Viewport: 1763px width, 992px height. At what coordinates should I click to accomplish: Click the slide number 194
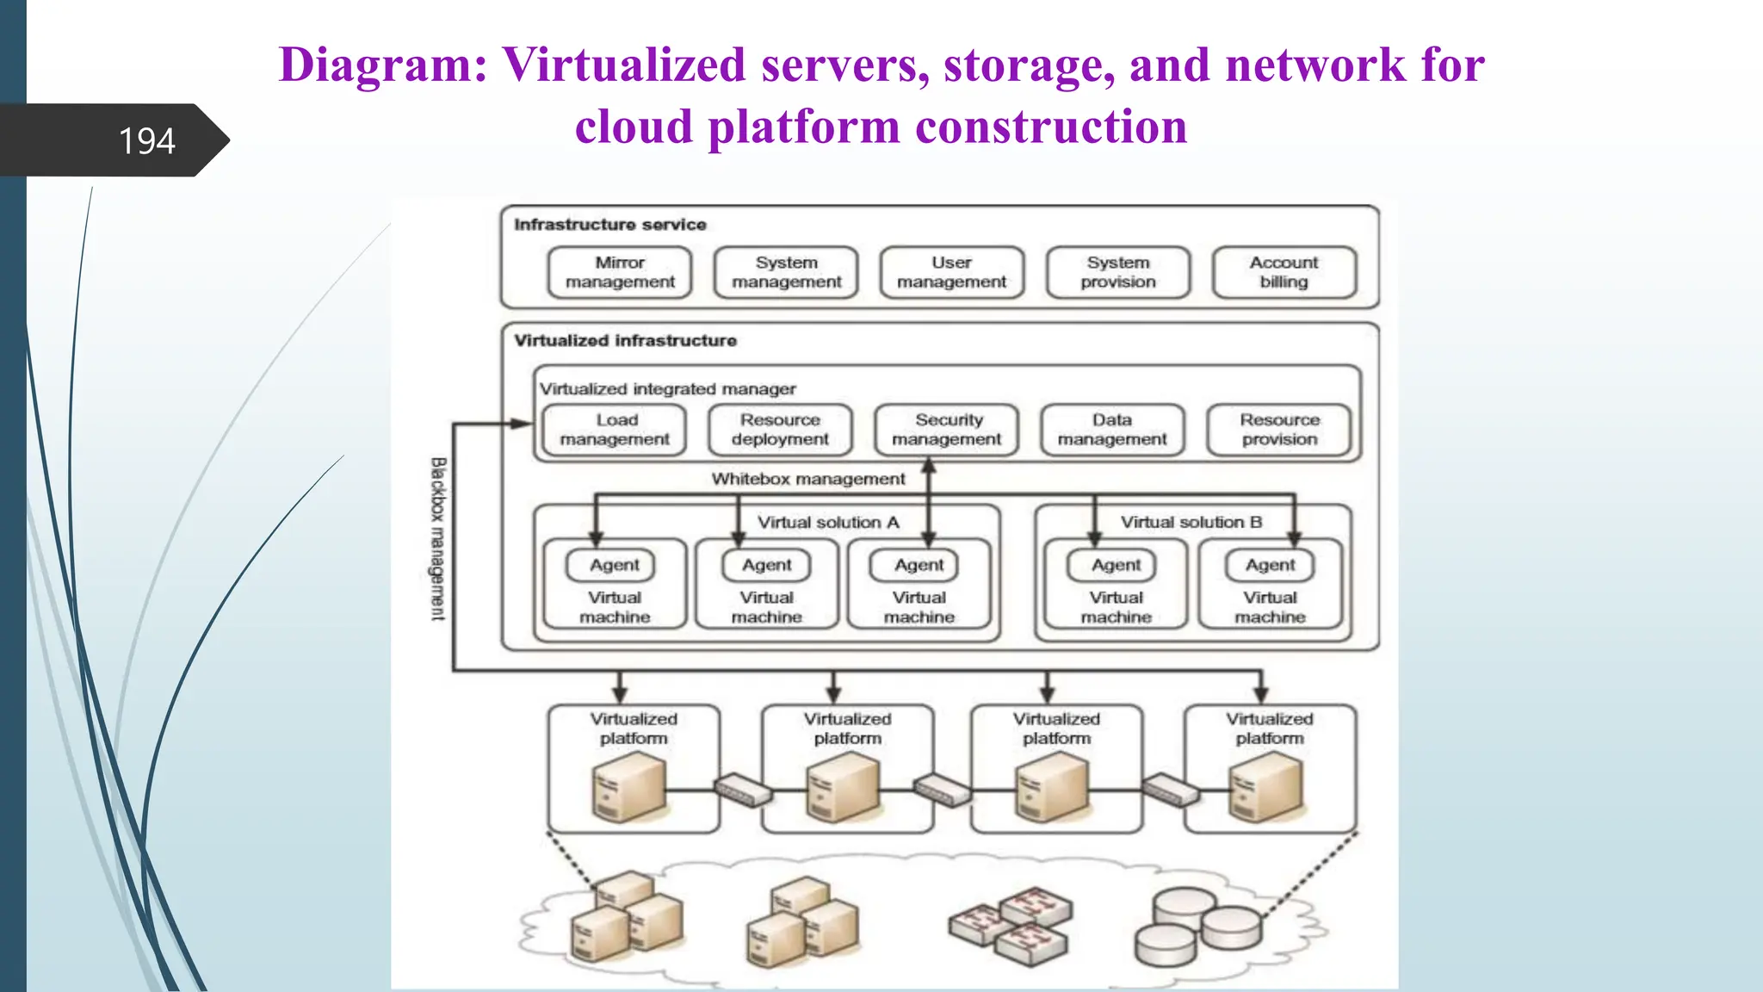(146, 141)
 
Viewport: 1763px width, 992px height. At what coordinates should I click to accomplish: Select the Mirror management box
(620, 272)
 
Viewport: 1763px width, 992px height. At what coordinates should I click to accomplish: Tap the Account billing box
(1284, 272)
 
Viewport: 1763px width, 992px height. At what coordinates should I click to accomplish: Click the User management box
(951, 272)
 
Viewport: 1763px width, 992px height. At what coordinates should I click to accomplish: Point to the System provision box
(1117, 272)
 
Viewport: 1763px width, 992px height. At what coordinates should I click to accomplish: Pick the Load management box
(615, 430)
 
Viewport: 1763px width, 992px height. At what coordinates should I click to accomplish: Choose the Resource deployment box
(780, 430)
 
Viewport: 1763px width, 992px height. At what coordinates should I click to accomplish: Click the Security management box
(946, 430)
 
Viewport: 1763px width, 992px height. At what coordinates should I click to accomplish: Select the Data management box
(1112, 430)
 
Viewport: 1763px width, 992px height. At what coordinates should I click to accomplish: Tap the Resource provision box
(1279, 430)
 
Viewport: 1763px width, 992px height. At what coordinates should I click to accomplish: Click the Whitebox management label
(807, 479)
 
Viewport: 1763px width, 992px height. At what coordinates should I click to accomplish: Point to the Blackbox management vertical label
(438, 538)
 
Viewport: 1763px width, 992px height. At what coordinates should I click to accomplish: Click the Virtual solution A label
(828, 523)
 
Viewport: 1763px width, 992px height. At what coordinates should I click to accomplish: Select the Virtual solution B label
(1191, 523)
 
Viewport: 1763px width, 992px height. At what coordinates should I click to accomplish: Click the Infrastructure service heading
(609, 225)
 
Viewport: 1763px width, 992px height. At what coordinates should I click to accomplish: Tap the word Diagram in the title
(382, 65)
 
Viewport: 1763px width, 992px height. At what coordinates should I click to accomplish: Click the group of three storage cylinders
(1197, 927)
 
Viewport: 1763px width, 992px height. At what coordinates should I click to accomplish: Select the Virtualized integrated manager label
(667, 389)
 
